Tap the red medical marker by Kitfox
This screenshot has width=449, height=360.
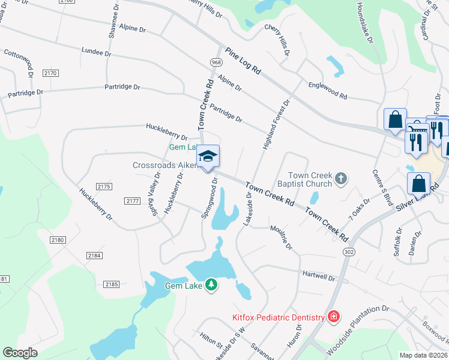[x=334, y=316]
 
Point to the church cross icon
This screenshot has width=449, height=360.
[x=340, y=178]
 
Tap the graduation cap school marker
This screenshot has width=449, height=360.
[x=208, y=157]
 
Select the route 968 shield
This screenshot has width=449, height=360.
[x=216, y=62]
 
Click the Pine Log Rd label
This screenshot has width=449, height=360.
[x=244, y=61]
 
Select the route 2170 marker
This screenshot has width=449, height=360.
[x=50, y=73]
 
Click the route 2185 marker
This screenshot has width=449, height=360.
[x=111, y=284]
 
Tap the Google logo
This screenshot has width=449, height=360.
[x=20, y=353]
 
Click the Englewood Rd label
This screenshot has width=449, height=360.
[x=327, y=91]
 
